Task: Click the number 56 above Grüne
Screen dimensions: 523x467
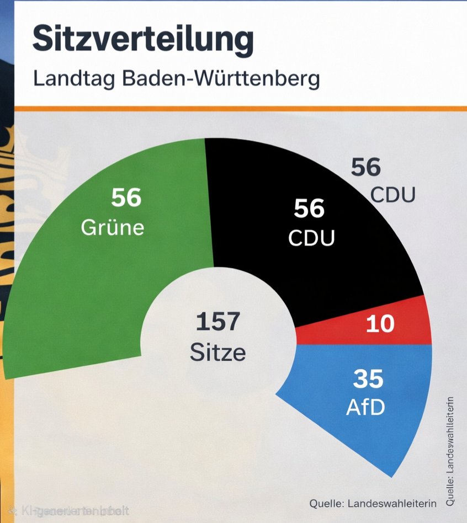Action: pos(126,198)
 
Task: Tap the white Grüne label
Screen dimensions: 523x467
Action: pos(113,227)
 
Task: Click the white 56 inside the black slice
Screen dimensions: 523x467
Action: pos(309,209)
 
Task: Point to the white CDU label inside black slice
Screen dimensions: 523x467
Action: pos(311,238)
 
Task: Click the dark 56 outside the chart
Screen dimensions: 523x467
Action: pos(366,167)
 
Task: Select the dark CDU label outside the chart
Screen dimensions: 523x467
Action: pos(392,195)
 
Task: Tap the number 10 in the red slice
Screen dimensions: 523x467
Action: pos(380,324)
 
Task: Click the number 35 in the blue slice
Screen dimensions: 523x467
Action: pos(368,380)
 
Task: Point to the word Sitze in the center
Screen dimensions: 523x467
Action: pos(217,351)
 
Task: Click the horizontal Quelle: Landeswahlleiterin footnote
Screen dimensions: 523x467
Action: pos(373,503)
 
